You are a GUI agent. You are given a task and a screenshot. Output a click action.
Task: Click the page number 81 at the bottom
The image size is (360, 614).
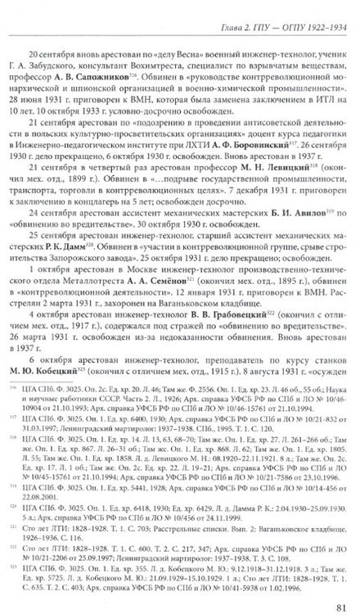pos(332,597)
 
